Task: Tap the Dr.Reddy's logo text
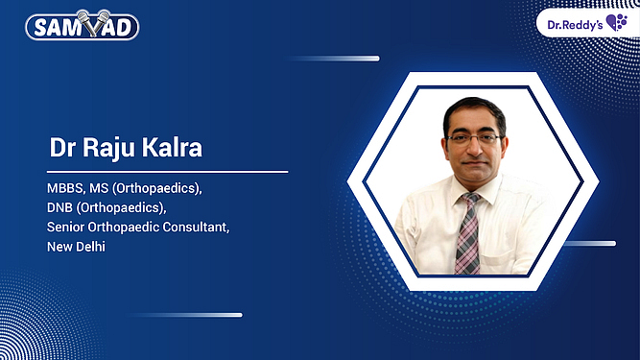click(x=573, y=21)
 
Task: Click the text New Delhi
click(x=77, y=247)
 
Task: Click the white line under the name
click(x=168, y=172)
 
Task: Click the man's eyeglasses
click(x=473, y=138)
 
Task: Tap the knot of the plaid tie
click(x=469, y=202)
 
